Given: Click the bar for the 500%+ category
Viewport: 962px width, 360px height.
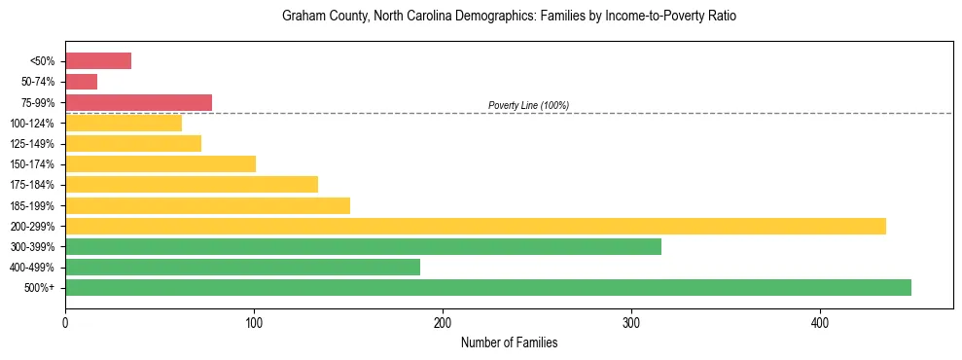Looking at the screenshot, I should [487, 287].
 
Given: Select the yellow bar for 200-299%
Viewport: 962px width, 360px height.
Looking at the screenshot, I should [475, 226].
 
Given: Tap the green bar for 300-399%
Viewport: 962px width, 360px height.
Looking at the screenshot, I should [363, 246].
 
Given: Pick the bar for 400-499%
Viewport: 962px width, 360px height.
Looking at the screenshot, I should [242, 267].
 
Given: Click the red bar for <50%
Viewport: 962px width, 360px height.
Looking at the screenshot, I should [98, 61].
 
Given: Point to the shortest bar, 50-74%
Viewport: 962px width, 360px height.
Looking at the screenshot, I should [81, 82].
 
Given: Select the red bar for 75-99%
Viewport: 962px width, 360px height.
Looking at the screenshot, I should [138, 102].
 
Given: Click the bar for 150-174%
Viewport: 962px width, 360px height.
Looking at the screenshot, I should [160, 163].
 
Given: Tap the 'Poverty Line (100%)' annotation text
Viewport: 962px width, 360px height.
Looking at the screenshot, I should [528, 105].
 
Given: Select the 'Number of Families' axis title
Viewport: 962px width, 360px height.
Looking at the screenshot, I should [509, 343].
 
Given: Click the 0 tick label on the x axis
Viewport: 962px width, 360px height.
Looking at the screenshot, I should [65, 322].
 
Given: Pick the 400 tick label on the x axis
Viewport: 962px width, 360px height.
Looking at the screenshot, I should [820, 322].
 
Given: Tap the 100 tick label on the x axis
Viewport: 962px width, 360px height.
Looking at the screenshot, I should [254, 322].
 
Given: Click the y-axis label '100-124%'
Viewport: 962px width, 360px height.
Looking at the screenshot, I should [32, 124].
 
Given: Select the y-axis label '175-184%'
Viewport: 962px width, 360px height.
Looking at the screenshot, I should [32, 185].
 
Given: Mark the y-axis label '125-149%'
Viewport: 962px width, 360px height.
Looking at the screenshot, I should [32, 144].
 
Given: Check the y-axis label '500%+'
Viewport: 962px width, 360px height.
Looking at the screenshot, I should [39, 288].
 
